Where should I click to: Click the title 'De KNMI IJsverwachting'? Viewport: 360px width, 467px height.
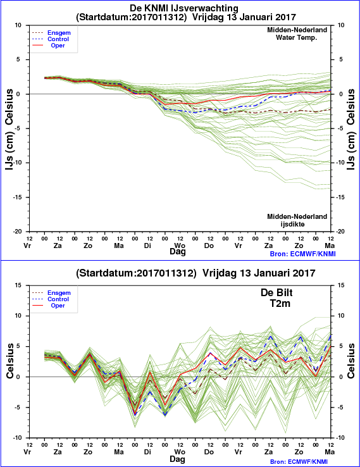[184, 8]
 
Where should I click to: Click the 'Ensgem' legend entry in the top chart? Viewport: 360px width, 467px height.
[59, 33]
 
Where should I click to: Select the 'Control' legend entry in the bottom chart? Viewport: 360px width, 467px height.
[58, 299]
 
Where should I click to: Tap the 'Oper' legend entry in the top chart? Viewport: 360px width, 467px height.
[58, 46]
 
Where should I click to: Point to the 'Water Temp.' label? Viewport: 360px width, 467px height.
[296, 37]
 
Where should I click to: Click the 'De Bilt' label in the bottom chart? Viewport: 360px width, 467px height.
[276, 292]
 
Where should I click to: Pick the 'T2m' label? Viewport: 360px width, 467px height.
[280, 303]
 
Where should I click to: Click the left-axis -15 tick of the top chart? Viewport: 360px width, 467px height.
[18, 197]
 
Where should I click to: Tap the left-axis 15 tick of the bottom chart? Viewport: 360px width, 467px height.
[18, 285]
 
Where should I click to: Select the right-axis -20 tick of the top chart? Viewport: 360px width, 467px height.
[341, 232]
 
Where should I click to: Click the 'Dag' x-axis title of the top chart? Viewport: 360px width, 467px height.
[178, 251]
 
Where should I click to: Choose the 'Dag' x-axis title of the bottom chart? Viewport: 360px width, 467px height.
[178, 459]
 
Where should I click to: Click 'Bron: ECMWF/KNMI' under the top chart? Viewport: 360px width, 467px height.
[302, 254]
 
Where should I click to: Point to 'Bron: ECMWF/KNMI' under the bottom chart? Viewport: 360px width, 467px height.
[302, 462]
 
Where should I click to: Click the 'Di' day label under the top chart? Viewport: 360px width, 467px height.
[147, 246]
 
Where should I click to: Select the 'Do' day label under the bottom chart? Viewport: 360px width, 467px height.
[209, 452]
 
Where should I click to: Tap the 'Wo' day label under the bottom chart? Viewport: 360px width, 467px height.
[180, 452]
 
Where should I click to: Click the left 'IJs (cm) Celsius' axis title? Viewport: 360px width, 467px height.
[9, 130]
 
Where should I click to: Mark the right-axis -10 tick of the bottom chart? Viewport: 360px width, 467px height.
[341, 438]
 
